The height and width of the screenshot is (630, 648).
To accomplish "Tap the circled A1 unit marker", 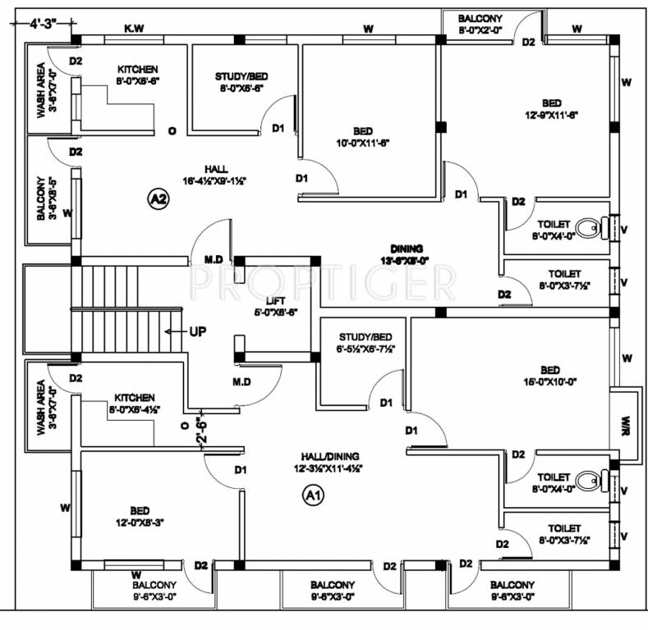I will point(313,495).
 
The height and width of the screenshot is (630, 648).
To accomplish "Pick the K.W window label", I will point(133,30).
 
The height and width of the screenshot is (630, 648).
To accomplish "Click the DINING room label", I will point(407,249).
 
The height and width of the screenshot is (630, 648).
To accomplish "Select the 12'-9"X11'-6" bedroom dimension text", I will point(550,115).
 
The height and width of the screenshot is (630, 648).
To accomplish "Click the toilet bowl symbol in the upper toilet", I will point(589,227).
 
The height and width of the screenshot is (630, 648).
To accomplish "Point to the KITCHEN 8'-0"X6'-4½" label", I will point(135,403).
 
